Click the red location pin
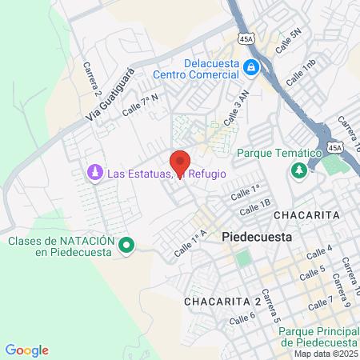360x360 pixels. coord(179,162)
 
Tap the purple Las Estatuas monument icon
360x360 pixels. coord(94,173)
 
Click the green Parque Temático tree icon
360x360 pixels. coord(299,171)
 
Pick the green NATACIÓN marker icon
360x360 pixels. coord(126,246)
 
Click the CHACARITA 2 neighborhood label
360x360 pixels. coord(222,301)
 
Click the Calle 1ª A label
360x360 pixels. coord(190,242)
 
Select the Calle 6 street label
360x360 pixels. coord(242,318)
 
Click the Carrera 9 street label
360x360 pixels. coord(342,291)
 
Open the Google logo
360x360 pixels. coord(27,350)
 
